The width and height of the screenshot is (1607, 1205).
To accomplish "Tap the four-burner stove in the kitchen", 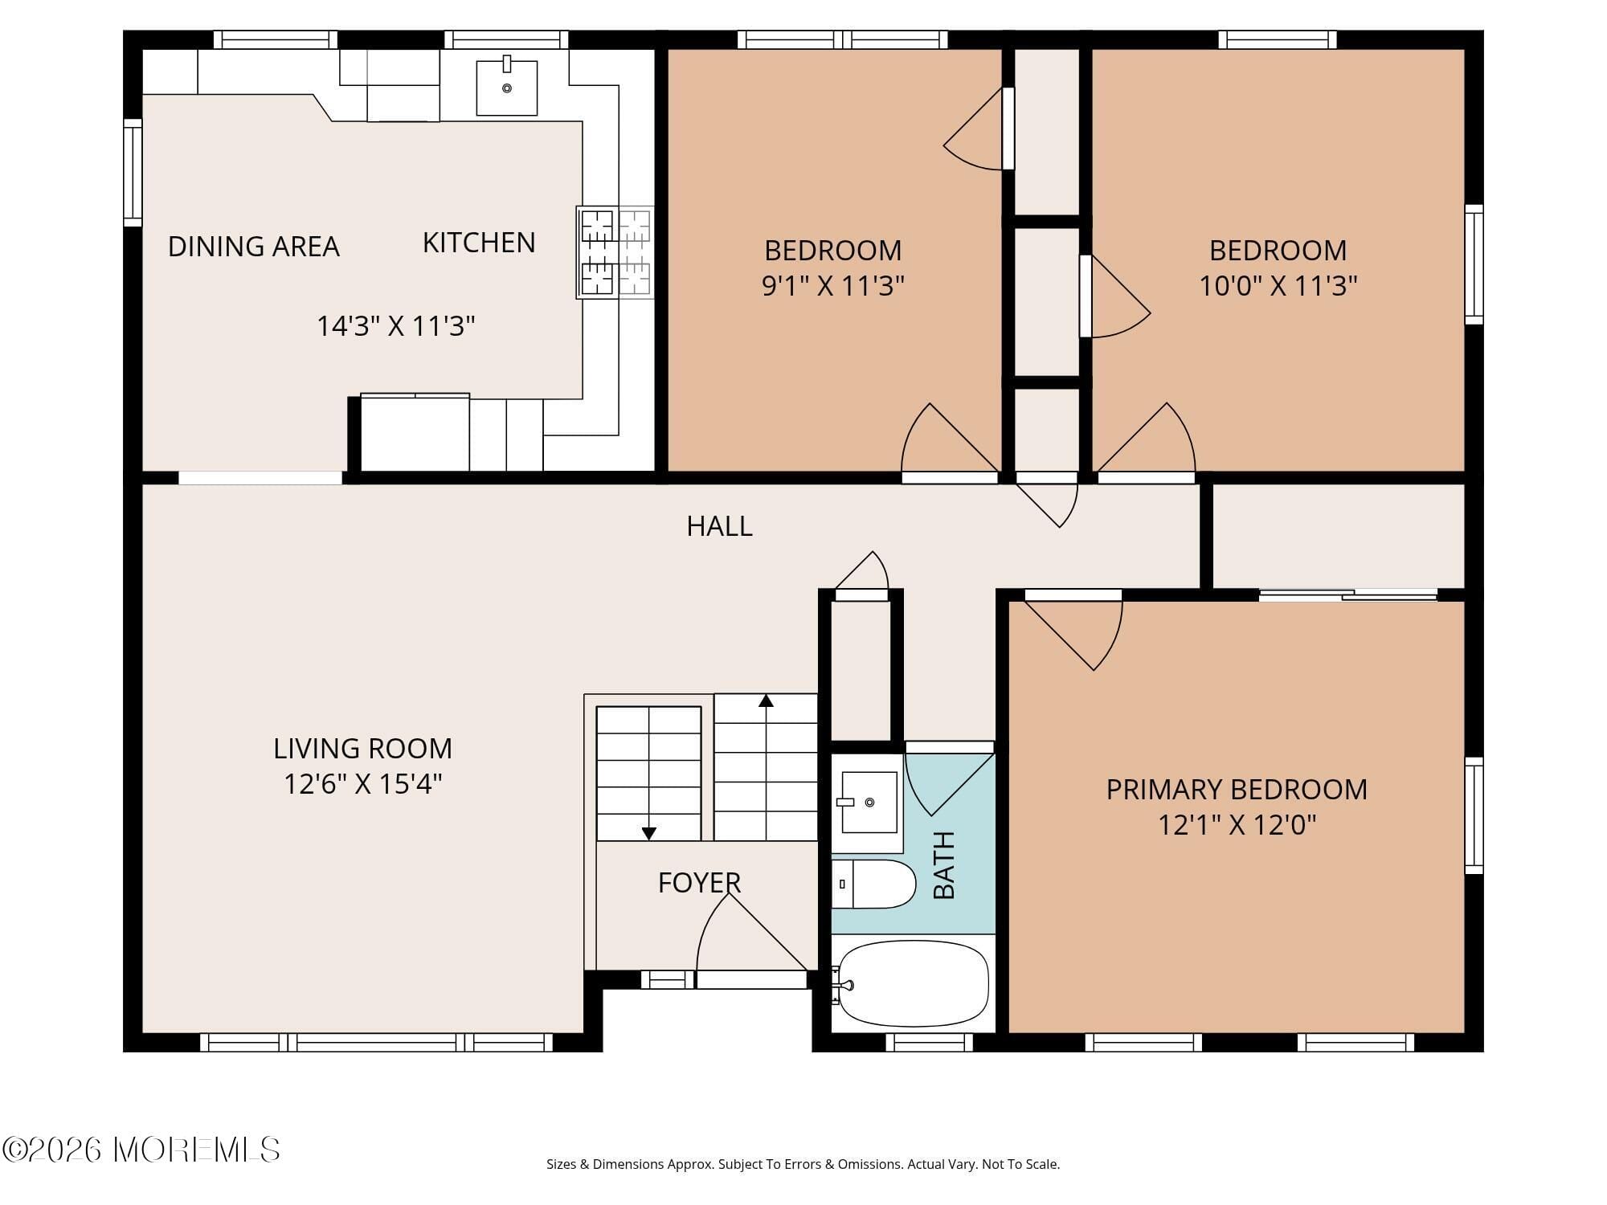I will click(615, 252).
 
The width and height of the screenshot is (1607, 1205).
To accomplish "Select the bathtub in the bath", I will click(913, 983).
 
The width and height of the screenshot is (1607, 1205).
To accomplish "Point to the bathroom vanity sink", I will click(868, 803).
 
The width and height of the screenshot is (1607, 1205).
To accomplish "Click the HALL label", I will click(719, 526).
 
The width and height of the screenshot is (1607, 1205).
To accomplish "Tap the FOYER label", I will click(699, 883).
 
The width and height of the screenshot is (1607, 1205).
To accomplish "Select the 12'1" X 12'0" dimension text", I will click(1237, 825).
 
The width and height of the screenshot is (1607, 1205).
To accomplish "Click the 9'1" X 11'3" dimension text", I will click(833, 285).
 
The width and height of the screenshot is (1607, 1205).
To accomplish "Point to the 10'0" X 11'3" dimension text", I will click(1278, 285).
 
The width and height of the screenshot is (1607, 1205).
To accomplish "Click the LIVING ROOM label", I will click(362, 749).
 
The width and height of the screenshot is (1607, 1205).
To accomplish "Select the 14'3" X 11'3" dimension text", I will click(395, 326).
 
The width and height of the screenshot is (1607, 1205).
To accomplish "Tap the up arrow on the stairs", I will click(766, 701).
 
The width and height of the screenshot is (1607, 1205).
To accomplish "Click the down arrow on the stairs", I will click(649, 833).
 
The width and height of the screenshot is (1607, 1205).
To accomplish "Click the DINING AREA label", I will click(253, 247).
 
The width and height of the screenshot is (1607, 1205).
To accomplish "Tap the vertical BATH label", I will click(944, 865).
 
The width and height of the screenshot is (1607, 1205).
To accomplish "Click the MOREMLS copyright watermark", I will click(141, 1150).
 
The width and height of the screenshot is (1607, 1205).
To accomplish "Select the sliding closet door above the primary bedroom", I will click(1347, 595).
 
